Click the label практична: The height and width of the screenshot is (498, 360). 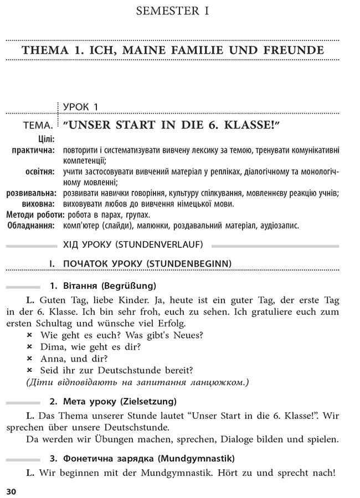33,150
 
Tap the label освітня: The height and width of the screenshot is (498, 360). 40,172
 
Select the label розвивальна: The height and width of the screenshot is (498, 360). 31,193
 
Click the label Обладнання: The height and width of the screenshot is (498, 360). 31,225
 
